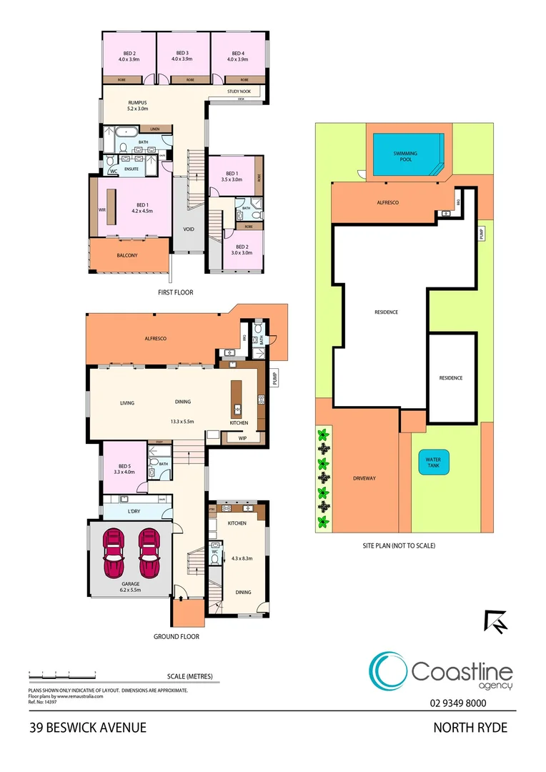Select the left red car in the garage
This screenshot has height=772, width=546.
pyautogui.click(x=115, y=553)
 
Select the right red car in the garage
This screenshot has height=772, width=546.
pyautogui.click(x=149, y=553)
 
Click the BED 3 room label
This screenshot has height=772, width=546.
pyautogui.click(x=182, y=54)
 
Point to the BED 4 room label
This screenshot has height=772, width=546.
pyautogui.click(x=237, y=54)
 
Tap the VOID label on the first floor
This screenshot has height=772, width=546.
pyautogui.click(x=189, y=229)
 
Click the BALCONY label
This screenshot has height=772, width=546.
pyautogui.click(x=127, y=255)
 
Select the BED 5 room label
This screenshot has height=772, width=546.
pyautogui.click(x=124, y=468)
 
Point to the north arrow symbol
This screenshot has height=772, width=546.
pyautogui.click(x=495, y=621)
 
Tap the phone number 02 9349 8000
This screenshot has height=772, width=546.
pyautogui.click(x=459, y=703)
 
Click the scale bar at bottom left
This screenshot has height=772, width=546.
pyautogui.click(x=62, y=674)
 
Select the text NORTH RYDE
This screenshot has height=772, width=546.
pyautogui.click(x=470, y=728)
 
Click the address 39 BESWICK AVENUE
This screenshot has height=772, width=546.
pyautogui.click(x=88, y=728)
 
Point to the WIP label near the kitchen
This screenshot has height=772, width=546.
pyautogui.click(x=242, y=438)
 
